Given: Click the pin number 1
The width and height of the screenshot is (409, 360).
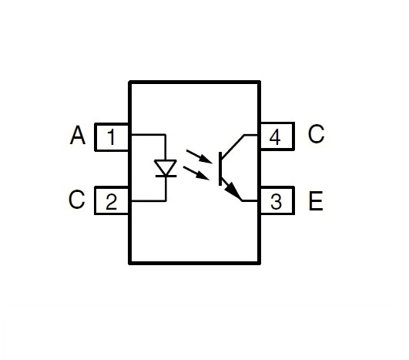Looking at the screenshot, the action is (x=112, y=137).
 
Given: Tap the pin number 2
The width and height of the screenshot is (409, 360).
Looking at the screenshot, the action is (x=112, y=202).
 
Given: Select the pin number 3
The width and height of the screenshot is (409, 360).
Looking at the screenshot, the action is (x=276, y=202).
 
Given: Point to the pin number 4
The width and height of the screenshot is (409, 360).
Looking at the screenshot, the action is (x=275, y=137).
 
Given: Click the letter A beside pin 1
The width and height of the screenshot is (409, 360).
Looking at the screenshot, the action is (x=78, y=135).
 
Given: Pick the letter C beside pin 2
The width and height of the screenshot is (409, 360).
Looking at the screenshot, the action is (x=76, y=199).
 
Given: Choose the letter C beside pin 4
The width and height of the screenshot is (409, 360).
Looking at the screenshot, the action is (x=316, y=134).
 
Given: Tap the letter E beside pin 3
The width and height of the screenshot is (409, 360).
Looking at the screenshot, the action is (x=316, y=200).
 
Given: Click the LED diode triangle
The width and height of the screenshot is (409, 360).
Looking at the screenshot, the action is (x=166, y=167).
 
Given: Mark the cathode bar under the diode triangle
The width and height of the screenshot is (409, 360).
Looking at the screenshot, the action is (x=166, y=177).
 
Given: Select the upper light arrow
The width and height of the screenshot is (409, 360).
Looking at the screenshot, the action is (x=199, y=156).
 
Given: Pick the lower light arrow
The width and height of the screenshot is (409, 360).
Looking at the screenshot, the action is (x=196, y=173).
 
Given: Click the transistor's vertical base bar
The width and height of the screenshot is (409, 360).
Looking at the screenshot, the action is (x=220, y=169).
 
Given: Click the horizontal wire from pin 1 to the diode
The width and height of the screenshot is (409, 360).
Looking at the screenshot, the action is (x=148, y=135).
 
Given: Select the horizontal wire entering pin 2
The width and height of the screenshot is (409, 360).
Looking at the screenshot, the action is (x=149, y=201).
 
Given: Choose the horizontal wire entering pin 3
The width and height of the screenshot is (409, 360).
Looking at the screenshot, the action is (x=250, y=200).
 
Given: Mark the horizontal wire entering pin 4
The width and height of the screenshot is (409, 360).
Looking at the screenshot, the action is (x=251, y=135).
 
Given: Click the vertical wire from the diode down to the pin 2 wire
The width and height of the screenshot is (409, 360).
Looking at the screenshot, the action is (x=166, y=189).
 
